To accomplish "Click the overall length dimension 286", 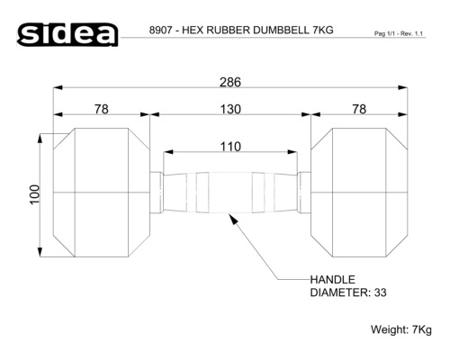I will click(x=229, y=82).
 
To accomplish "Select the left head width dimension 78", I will click(x=102, y=108).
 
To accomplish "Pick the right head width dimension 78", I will click(x=357, y=108).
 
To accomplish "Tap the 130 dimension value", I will click(x=229, y=108).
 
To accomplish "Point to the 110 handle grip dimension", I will click(x=229, y=146).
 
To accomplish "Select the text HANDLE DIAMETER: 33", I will click(x=348, y=286).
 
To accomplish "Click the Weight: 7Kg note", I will click(x=401, y=329).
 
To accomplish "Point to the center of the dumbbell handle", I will click(x=229, y=192).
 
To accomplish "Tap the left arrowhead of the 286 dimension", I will click(x=58, y=88).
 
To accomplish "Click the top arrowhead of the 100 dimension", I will click(x=41, y=139).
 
